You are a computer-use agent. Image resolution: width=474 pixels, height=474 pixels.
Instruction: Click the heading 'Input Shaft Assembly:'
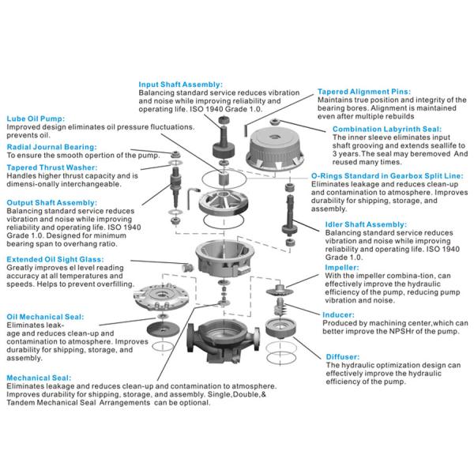[180, 83]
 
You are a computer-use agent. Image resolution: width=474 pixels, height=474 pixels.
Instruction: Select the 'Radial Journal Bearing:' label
[51, 146]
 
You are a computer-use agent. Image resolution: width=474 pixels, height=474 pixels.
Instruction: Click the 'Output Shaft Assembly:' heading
[52, 202]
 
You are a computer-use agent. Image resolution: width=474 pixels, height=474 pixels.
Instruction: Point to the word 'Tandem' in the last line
[24, 402]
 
